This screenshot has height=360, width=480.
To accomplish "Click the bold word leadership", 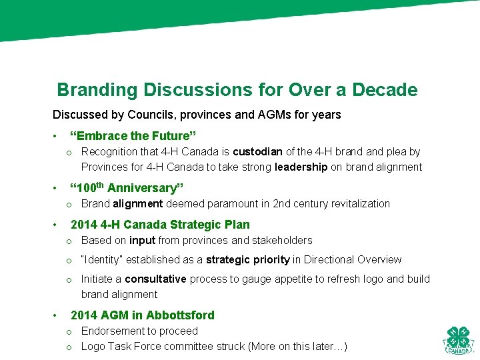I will click(301, 167).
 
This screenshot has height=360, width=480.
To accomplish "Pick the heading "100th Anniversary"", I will click(127, 188).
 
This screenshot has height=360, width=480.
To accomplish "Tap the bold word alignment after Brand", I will click(138, 204).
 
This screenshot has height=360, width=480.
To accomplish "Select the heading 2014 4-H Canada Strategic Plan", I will click(160, 225).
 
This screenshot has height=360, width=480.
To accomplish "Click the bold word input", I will click(142, 241).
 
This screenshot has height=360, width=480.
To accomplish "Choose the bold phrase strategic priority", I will click(247, 260).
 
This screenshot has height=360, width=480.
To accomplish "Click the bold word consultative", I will click(156, 279).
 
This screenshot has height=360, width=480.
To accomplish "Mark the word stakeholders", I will click(280, 241).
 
